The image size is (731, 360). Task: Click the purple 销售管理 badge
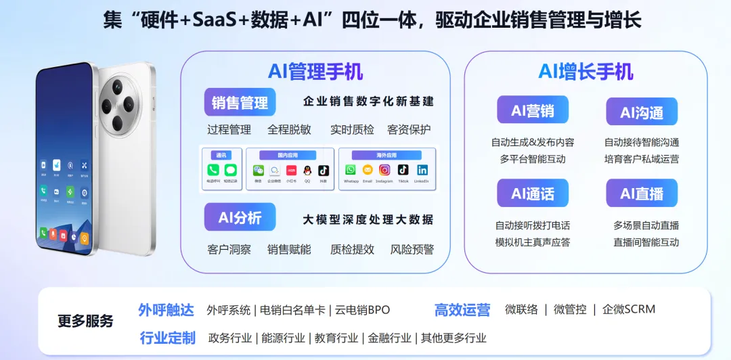click(x=240, y=102)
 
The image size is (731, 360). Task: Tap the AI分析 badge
click(x=240, y=218)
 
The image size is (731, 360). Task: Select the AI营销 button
click(x=533, y=110)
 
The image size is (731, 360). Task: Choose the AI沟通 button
click(x=642, y=112)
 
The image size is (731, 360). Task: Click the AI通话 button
click(x=533, y=194)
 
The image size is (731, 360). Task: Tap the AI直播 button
click(x=642, y=194)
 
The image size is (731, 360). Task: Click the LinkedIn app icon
click(x=422, y=170)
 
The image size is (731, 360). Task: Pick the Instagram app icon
click(x=384, y=170)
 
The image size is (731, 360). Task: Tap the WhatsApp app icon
click(x=351, y=170)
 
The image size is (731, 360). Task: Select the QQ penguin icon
click(x=307, y=171)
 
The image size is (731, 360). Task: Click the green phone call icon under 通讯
click(x=213, y=171)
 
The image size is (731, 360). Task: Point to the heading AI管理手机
click(x=315, y=71)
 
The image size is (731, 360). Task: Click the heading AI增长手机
click(x=585, y=71)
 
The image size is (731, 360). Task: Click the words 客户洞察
click(x=229, y=249)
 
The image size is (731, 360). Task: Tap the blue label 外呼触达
click(x=166, y=310)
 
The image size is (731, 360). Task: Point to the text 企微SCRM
click(x=629, y=309)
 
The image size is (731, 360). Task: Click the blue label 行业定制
click(x=167, y=338)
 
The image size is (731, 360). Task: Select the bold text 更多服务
click(x=85, y=321)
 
